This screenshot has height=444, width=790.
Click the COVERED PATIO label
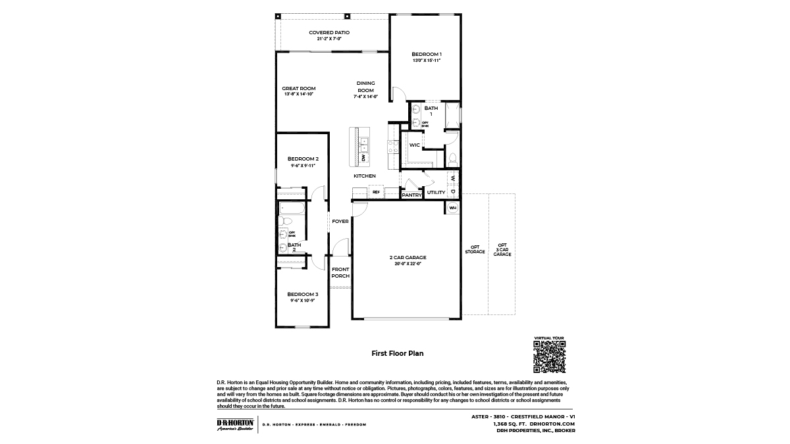(x=329, y=32)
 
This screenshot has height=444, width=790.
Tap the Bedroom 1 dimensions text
(x=426, y=61)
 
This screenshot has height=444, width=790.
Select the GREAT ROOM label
(x=298, y=88)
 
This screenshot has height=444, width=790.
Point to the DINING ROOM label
(x=365, y=86)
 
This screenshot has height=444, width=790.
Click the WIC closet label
(x=414, y=145)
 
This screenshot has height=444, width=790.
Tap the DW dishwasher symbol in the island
(x=363, y=159)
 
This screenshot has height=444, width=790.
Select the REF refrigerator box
(x=377, y=192)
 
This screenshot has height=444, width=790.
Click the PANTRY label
(x=411, y=195)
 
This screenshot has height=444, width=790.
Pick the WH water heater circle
(x=452, y=208)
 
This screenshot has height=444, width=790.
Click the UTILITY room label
(x=436, y=193)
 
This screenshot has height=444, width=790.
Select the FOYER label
(x=340, y=222)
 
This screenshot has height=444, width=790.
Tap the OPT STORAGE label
(x=475, y=250)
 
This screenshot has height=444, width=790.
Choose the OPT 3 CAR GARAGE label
(x=502, y=250)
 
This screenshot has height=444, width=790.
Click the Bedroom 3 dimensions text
(x=303, y=301)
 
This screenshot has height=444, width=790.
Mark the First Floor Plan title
(x=397, y=353)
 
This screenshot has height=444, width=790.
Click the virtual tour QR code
(x=549, y=357)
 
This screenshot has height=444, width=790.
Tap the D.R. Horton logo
(x=235, y=424)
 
